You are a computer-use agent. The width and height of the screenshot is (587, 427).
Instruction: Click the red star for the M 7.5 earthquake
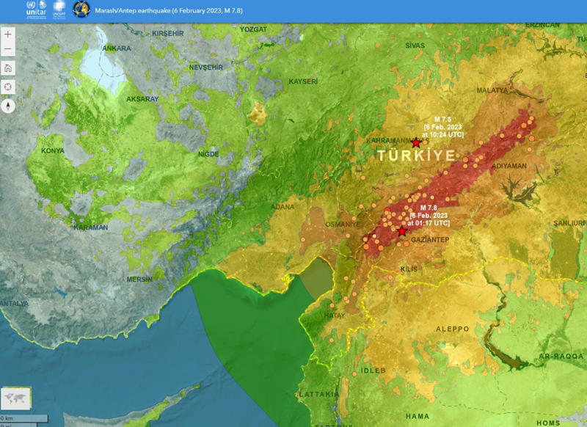tap(416, 143)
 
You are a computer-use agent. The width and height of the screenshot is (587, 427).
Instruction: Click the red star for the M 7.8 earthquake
tap(401, 231)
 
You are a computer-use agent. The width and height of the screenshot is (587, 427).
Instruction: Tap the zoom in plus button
tap(8, 34)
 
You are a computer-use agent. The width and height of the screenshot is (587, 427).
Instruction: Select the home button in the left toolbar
tap(8, 68)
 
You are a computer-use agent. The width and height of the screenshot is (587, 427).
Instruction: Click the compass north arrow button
tap(8, 105)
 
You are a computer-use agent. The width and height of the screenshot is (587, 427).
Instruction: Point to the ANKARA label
tap(116, 48)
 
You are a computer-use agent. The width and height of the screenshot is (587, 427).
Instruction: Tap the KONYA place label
tap(52, 151)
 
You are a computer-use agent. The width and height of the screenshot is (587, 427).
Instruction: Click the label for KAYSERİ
tap(303, 81)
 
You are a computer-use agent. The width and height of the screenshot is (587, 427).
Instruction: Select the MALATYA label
tap(492, 90)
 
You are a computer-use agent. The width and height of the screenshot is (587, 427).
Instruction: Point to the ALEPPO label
tap(452, 329)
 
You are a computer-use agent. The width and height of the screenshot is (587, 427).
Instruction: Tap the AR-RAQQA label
tap(560, 357)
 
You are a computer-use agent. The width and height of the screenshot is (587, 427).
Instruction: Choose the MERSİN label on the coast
tap(139, 280)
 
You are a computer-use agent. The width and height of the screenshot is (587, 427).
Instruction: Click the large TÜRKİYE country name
tap(416, 156)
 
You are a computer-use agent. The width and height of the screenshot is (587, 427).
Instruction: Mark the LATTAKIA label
tap(318, 395)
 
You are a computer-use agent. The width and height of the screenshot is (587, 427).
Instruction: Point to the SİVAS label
tap(415, 45)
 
